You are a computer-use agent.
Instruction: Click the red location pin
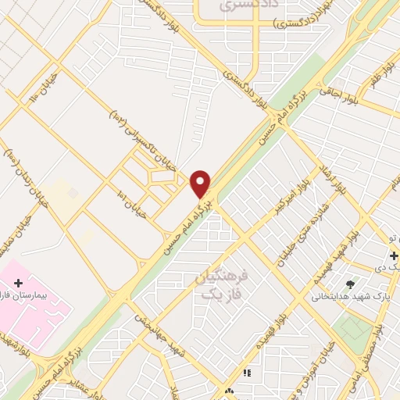pos(201,184)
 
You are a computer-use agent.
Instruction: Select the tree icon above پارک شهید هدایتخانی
pos(350,285)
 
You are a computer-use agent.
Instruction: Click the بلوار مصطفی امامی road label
pos(385,351)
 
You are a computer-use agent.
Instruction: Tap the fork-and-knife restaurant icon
pos(248,373)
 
